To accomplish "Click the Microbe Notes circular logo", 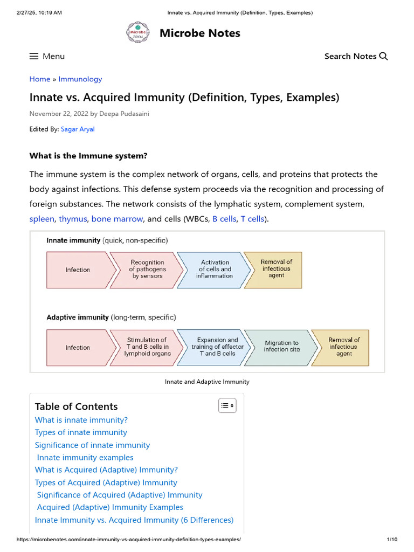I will tap(137, 33).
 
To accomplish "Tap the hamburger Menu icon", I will tap(34, 56).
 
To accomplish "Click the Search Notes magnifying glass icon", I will tap(384, 56).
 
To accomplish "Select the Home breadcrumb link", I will tap(39, 79).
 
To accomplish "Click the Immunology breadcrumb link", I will tap(80, 79).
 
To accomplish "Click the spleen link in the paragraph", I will tap(42, 219).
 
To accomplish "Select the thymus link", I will tap(73, 219).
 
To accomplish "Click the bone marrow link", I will tap(117, 219).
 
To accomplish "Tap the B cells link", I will tap(224, 219).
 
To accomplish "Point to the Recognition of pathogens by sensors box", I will tap(147, 270).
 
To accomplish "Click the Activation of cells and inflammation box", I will tap(214, 270).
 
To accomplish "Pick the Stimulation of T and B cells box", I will tap(147, 347).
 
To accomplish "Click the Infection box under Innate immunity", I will tap(79, 270).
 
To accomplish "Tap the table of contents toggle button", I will tap(227, 406).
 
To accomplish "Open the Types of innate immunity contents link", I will tap(81, 432).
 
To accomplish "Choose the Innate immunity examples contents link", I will tap(85, 458).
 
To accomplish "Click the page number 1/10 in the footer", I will tap(392, 540).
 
